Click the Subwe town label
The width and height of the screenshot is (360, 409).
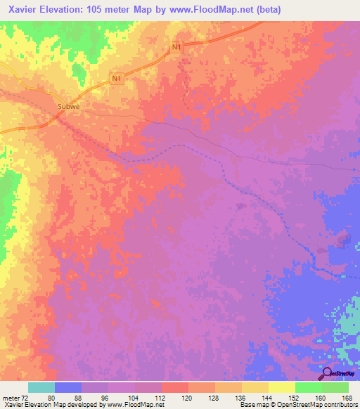pyautogui.click(x=68, y=108)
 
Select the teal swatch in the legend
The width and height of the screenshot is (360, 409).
pyautogui.click(x=41, y=387)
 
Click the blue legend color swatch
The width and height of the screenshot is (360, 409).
pyautogui.click(x=68, y=387)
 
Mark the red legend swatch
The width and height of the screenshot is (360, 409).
pyautogui.click(x=175, y=387)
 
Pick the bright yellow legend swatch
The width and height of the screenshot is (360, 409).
pyautogui.click(x=282, y=387)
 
